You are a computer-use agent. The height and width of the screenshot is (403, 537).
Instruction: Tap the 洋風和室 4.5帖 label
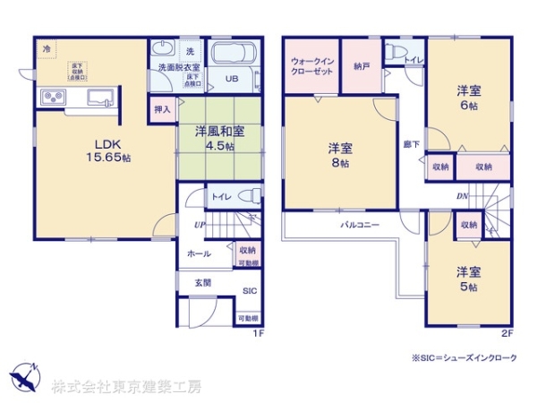(x=228, y=138)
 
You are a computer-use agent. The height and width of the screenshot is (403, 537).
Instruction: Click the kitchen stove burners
(x=53, y=98)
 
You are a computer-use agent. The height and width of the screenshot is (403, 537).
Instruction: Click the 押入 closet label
(x=162, y=107)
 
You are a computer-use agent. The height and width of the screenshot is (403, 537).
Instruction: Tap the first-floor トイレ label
(x=221, y=194)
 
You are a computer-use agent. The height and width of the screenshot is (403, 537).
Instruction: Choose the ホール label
(x=199, y=254)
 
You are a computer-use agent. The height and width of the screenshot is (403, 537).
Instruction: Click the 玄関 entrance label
(x=204, y=282)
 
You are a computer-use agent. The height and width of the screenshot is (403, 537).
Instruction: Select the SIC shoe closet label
(x=250, y=292)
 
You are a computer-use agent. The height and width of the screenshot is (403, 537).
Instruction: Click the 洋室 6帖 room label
(x=470, y=97)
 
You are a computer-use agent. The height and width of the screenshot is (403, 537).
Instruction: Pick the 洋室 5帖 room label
(x=468, y=279)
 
